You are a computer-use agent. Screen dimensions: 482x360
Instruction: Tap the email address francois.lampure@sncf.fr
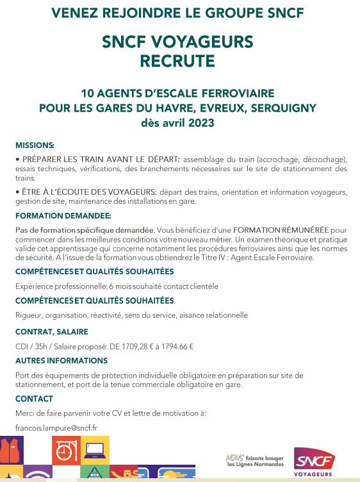56,428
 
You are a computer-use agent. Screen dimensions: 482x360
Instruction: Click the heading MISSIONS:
35,145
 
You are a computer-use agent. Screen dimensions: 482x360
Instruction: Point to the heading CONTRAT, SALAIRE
52,331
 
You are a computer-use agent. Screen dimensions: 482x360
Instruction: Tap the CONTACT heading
34,399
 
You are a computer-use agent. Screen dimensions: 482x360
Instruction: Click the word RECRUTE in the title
177,61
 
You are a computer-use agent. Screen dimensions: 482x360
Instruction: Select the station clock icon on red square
65,450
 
